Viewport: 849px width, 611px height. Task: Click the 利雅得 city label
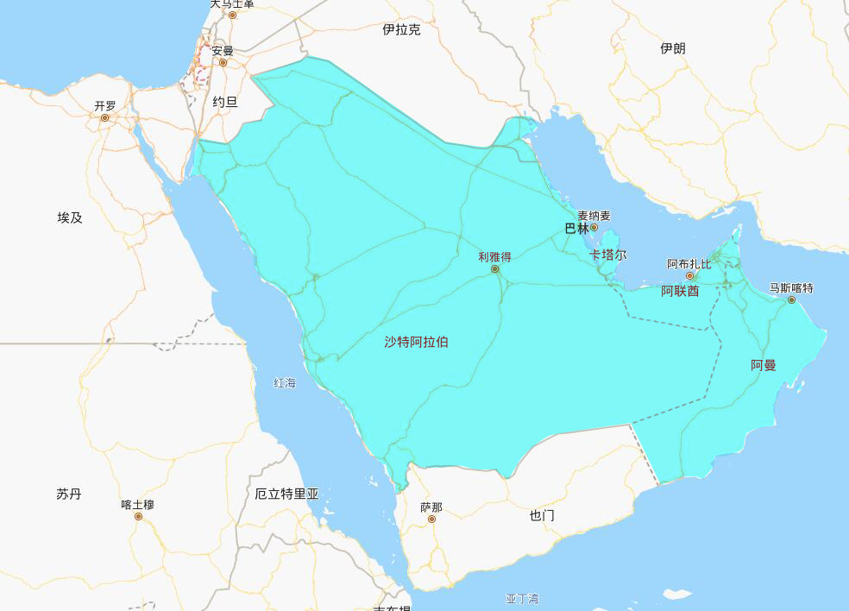pyautogui.click(x=495, y=256)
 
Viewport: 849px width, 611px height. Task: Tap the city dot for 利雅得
pyautogui.click(x=495, y=269)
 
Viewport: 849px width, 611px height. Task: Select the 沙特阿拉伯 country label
pyautogui.click(x=417, y=342)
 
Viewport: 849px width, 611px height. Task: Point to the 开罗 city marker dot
pyautogui.click(x=105, y=117)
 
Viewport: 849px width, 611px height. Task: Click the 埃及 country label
pyautogui.click(x=70, y=217)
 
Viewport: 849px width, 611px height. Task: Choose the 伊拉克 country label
pyautogui.click(x=401, y=29)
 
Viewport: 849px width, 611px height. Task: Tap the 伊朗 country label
pyautogui.click(x=673, y=48)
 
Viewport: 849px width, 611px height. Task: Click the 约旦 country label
pyautogui.click(x=225, y=102)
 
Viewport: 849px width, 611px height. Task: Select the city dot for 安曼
pyautogui.click(x=223, y=62)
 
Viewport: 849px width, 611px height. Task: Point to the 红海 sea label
pyautogui.click(x=285, y=382)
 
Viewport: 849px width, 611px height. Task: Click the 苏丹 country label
pyautogui.click(x=69, y=494)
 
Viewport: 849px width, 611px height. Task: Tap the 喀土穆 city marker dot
pyautogui.click(x=138, y=516)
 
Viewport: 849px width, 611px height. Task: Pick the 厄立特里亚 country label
pyautogui.click(x=287, y=494)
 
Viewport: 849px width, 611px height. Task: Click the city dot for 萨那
pyautogui.click(x=431, y=519)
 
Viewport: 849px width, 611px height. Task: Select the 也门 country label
pyautogui.click(x=542, y=515)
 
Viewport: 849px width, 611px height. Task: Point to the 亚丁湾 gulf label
pyautogui.click(x=522, y=598)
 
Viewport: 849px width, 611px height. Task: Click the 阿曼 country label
pyautogui.click(x=764, y=365)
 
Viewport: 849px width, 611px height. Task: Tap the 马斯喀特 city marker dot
pyautogui.click(x=791, y=299)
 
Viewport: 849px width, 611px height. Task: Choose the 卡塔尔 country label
pyautogui.click(x=608, y=255)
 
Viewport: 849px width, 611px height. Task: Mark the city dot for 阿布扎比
pyautogui.click(x=689, y=276)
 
